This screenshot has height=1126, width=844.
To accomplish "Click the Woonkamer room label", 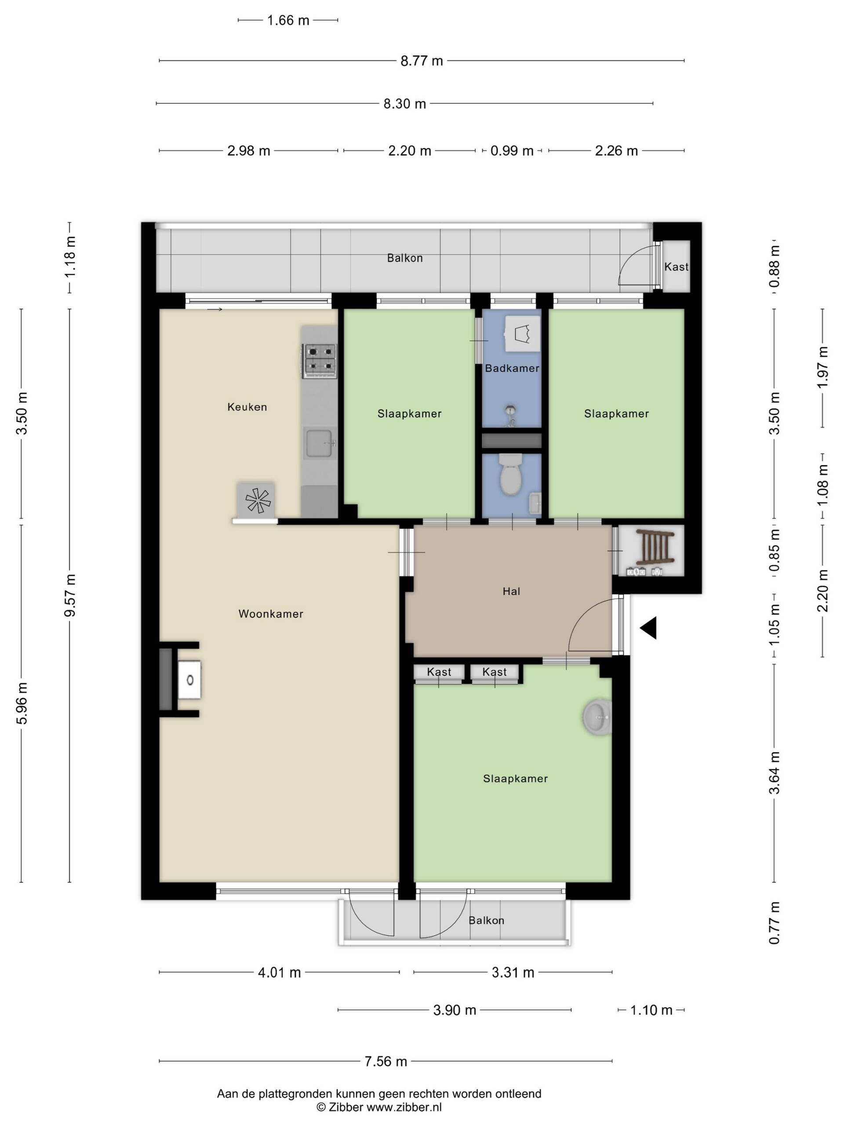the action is click(271, 614).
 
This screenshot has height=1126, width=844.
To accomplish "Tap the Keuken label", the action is click(247, 407).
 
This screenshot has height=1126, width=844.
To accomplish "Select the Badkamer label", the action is click(512, 368).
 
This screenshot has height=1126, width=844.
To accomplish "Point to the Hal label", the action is click(511, 591).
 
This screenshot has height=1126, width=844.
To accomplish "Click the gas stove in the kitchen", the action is click(320, 360).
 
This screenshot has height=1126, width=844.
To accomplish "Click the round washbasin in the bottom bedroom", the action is click(597, 717).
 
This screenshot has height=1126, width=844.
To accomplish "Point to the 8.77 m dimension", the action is click(422, 61).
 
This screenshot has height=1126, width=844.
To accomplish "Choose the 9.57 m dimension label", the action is click(70, 595).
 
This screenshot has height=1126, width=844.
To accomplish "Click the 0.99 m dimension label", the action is click(512, 151).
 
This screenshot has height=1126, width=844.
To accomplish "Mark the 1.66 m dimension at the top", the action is click(288, 20).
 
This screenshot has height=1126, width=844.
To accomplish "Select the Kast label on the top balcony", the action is click(676, 267).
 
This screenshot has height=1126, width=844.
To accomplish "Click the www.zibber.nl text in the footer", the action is click(404, 1107).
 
